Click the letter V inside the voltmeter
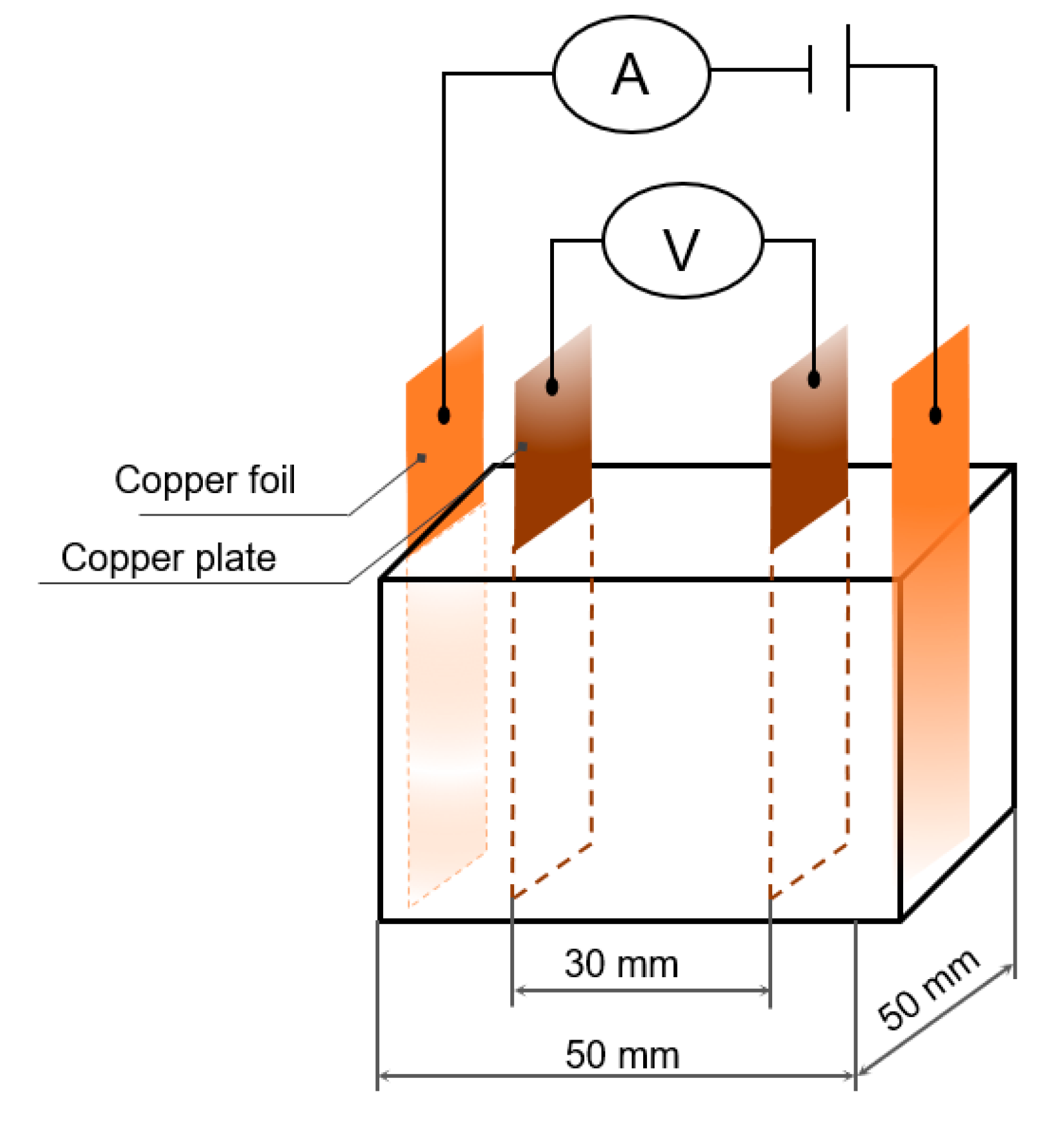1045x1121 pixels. tap(681, 249)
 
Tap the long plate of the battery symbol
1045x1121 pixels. tap(848, 67)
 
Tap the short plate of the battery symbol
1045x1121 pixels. tap(810, 69)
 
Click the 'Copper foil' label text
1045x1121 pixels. tap(205, 480)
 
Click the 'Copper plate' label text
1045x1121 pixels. tap(168, 557)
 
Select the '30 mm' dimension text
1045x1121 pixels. tap(621, 964)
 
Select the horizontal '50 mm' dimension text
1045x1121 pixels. tap(622, 1055)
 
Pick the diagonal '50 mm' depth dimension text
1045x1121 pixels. tap(928, 989)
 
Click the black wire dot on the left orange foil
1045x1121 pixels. tap(444, 415)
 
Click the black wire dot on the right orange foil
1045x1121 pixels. tap(935, 415)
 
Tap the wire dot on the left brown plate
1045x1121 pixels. tap(552, 387)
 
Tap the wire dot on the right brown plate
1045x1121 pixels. tap(814, 379)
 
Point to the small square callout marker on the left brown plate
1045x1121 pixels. tap(523, 446)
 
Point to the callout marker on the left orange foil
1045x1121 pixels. tap(422, 457)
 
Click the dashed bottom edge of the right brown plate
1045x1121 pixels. tap(809, 872)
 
